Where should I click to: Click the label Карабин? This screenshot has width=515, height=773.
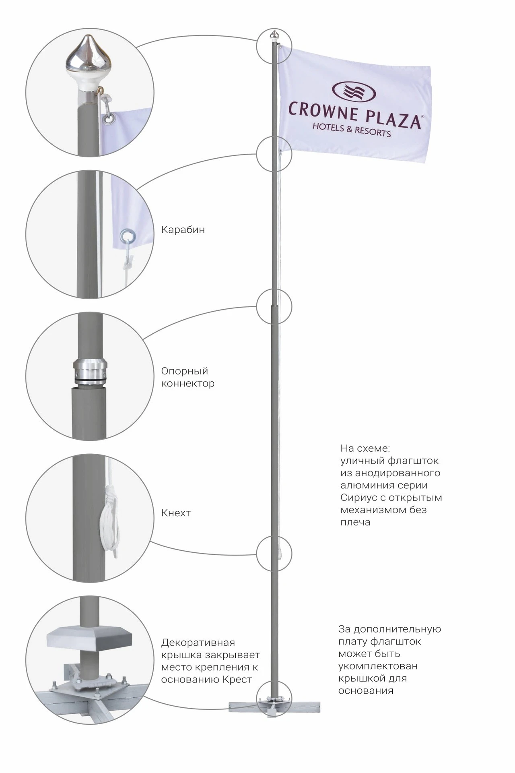183,229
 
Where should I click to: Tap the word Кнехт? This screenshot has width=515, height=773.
176,513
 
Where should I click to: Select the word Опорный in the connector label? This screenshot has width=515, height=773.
184,371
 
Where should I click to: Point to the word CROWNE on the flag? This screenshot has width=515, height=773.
323,112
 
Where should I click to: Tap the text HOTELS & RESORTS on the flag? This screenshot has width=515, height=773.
352,130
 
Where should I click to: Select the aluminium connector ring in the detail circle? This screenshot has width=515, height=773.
90,370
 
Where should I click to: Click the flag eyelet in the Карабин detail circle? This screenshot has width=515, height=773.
127,235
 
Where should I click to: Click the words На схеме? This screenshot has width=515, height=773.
365,448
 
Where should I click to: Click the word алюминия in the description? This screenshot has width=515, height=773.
364,485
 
